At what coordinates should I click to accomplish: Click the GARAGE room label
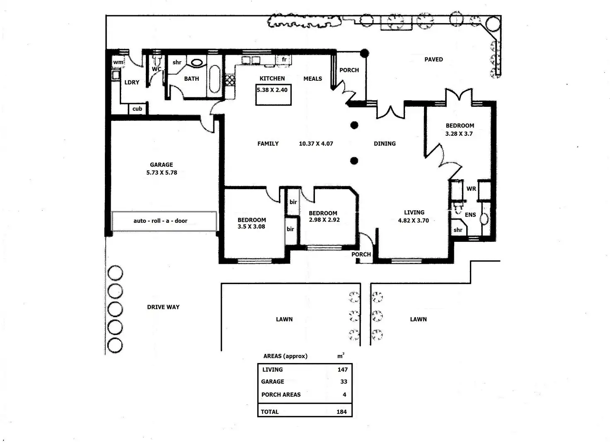pos(162,165)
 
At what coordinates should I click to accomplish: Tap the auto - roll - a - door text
pos(160,221)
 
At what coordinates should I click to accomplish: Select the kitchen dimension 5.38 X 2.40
pos(272,90)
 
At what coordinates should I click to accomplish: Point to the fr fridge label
pos(284,59)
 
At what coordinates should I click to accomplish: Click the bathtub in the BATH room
pos(215,79)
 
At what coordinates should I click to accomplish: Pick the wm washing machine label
pos(118,62)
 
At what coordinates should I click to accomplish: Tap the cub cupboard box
pos(137,109)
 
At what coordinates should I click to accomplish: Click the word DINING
pos(385,143)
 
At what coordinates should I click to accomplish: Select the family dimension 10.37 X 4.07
pos(316,143)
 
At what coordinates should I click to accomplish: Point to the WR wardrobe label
pos(471,188)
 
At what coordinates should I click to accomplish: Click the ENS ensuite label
pos(470,215)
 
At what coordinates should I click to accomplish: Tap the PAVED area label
pos(433,59)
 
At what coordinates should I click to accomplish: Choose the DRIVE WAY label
pos(163,307)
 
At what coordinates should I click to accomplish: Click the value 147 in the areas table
pos(343,370)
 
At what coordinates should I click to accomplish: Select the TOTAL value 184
pos(341,412)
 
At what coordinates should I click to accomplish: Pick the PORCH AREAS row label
pos(281,395)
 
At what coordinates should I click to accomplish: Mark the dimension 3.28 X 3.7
pos(459,134)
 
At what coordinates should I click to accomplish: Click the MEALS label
pos(312,79)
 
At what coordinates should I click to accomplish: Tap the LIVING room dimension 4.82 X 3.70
pos(414,220)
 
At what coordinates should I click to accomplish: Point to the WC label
pos(157,69)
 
